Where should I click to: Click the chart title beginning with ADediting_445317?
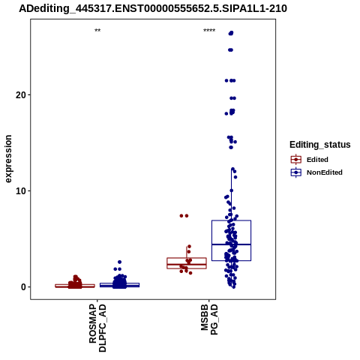point(153,9)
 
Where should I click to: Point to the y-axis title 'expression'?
point(8,159)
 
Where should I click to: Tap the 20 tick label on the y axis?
point(21,95)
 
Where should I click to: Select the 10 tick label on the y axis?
point(21,191)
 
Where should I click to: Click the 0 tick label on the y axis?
point(23,287)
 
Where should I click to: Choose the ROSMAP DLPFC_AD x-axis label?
point(97,328)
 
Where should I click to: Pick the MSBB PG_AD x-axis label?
point(209,319)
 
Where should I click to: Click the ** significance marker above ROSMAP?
point(97,31)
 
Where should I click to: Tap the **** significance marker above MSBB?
point(209,31)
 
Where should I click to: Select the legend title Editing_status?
point(320,145)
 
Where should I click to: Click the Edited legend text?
point(317,160)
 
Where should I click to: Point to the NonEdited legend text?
point(325,172)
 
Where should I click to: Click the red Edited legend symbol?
point(296,160)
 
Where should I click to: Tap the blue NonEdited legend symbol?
point(296,172)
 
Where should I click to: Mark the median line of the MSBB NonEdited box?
point(231,244)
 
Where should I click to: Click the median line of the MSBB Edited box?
point(187,264)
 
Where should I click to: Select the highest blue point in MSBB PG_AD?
point(231,33)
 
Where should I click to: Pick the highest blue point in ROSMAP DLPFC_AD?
point(119,262)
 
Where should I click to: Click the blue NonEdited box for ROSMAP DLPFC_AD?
point(119,285)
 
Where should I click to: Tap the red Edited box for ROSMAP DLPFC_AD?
point(75,286)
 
